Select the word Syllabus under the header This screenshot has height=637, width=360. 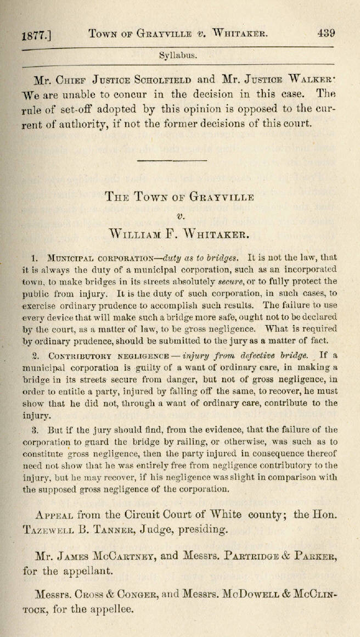click(x=178, y=55)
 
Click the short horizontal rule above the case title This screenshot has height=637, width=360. click(x=177, y=160)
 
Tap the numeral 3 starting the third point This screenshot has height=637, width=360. click(x=33, y=429)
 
